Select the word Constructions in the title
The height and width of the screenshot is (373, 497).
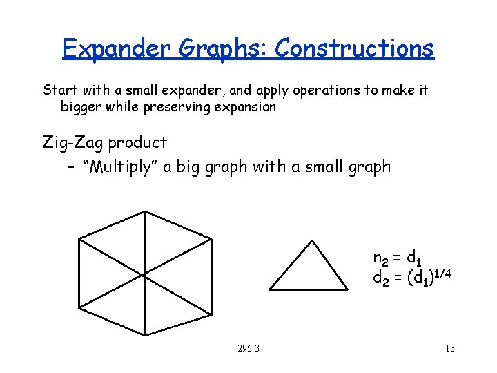coord(354,48)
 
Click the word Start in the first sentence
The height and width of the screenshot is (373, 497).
coord(59,90)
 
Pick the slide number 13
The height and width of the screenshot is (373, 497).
coord(450,348)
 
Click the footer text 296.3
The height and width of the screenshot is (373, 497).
coord(247,348)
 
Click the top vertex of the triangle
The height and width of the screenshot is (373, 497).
coord(313,240)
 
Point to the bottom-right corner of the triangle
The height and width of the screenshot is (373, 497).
coord(347,289)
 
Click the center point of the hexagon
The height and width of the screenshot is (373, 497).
coord(145,273)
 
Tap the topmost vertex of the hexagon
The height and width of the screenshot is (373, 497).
coord(145,211)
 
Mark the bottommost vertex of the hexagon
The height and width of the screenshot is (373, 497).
coord(145,336)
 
